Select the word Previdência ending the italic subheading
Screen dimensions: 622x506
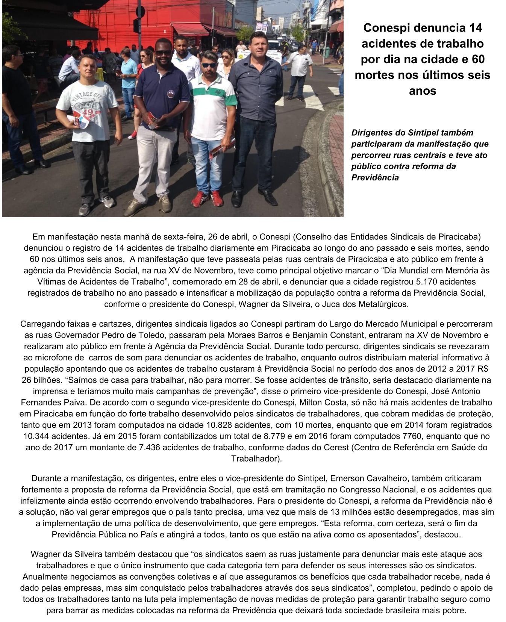click(375, 177)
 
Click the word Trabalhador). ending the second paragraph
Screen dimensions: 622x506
click(256, 459)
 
